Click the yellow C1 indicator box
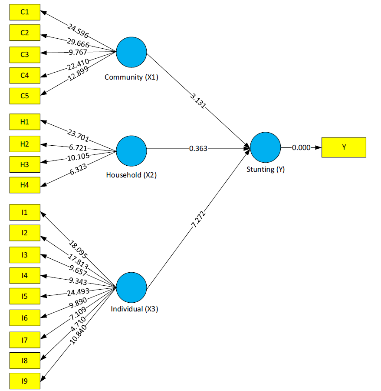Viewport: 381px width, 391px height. coord(25,12)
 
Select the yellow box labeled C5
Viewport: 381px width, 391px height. coord(25,96)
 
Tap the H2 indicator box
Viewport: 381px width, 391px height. coord(25,144)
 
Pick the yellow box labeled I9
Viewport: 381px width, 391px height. coord(25,381)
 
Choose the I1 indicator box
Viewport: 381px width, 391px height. coord(25,212)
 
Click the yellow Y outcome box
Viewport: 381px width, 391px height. coord(344,147)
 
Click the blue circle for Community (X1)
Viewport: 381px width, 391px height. coord(131,52)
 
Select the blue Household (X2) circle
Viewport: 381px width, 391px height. coord(131,151)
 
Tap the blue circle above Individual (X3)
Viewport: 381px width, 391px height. coord(131,287)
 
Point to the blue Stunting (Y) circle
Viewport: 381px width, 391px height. coord(265,147)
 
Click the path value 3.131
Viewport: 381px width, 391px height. coord(198,100)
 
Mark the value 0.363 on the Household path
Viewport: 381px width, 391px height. coord(198,149)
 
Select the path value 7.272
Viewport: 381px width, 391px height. coord(199,220)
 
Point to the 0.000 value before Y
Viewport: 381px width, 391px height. coord(301,147)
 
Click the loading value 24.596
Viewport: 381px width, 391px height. coord(78,31)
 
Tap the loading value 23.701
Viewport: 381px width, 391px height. coord(78,135)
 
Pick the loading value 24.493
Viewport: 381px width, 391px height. coord(78,292)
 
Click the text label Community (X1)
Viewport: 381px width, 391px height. coord(131,77)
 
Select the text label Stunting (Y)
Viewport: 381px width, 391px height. coord(266,170)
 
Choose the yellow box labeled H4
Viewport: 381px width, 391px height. coord(25,185)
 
